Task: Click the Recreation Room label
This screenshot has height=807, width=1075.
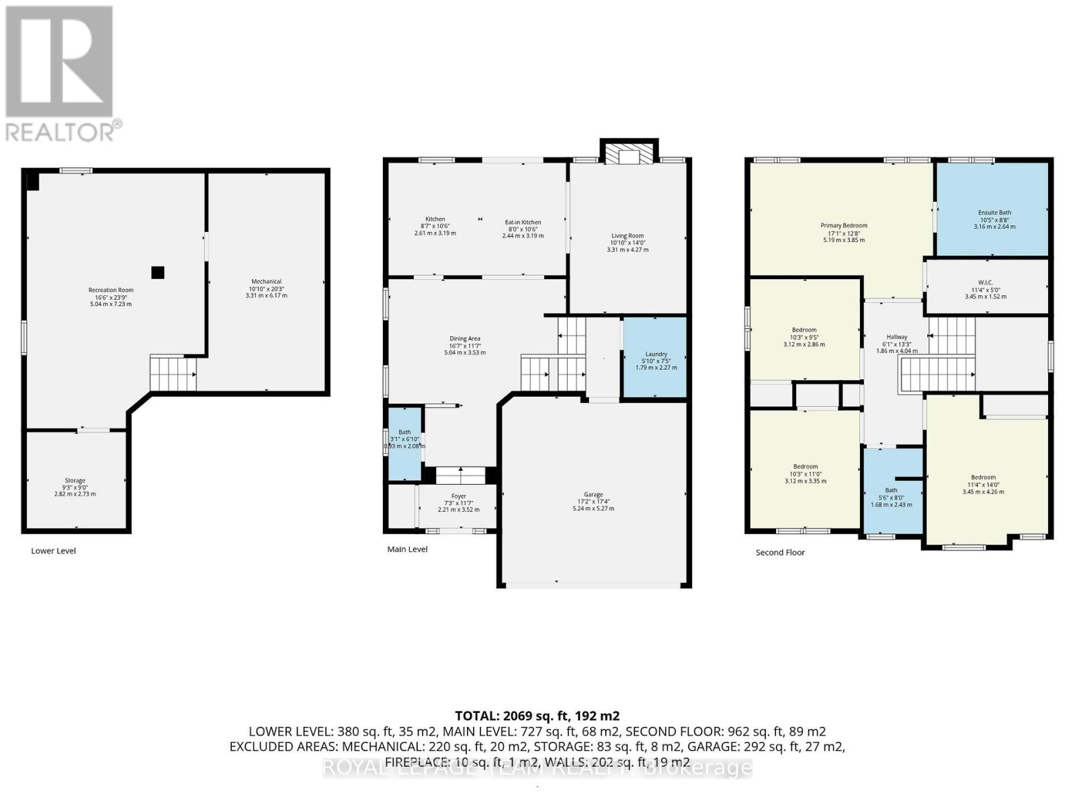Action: click(111, 290)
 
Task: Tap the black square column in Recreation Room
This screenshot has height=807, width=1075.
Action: click(157, 272)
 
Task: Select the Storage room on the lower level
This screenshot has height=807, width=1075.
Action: click(75, 480)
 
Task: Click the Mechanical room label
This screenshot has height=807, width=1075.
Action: click(266, 282)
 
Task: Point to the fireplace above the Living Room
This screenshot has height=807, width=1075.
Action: click(629, 155)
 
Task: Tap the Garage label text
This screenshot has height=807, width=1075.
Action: click(593, 494)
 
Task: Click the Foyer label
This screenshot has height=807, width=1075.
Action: click(458, 496)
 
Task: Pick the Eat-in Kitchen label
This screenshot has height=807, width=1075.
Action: click(523, 222)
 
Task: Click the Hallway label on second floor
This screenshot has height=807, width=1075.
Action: click(896, 337)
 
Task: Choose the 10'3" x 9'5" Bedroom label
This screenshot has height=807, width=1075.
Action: click(804, 330)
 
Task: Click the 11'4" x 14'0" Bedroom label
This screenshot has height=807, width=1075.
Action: click(983, 477)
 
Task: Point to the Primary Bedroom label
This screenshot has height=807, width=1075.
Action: click(843, 226)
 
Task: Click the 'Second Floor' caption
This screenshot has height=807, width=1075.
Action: click(779, 553)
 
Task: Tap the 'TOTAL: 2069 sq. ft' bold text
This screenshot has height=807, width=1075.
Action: click(537, 716)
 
